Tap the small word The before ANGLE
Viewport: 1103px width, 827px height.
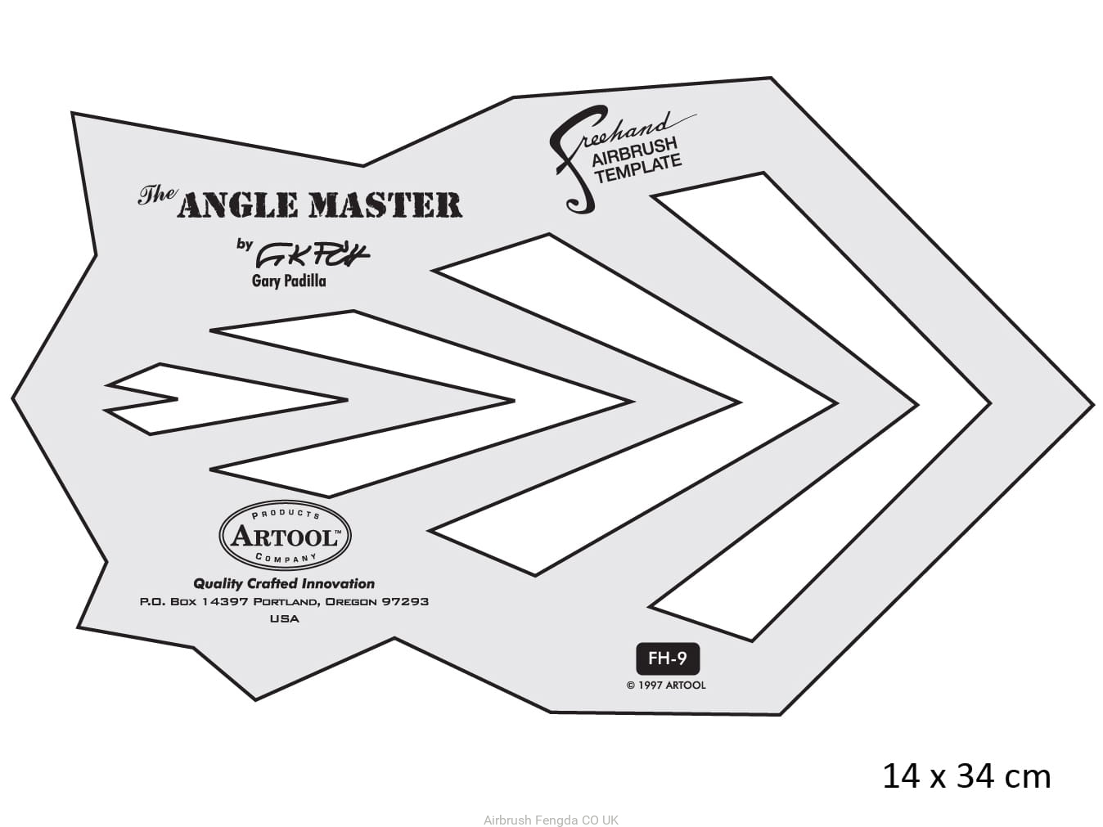click(x=156, y=195)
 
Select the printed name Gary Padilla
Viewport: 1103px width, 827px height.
click(x=289, y=281)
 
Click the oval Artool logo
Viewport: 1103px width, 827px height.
click(x=285, y=536)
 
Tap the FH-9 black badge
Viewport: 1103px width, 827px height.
click(x=668, y=658)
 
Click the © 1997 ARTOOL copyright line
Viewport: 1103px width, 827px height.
click(x=666, y=685)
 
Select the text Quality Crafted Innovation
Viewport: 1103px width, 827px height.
click(x=284, y=584)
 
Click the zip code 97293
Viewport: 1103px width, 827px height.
click(x=404, y=602)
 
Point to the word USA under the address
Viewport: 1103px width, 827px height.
click(x=285, y=619)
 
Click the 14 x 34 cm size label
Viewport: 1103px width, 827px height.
click(x=966, y=776)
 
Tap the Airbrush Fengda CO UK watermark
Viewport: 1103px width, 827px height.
click(x=551, y=820)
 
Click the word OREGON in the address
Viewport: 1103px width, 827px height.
click(x=351, y=602)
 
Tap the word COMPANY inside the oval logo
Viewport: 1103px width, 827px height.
click(x=285, y=558)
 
